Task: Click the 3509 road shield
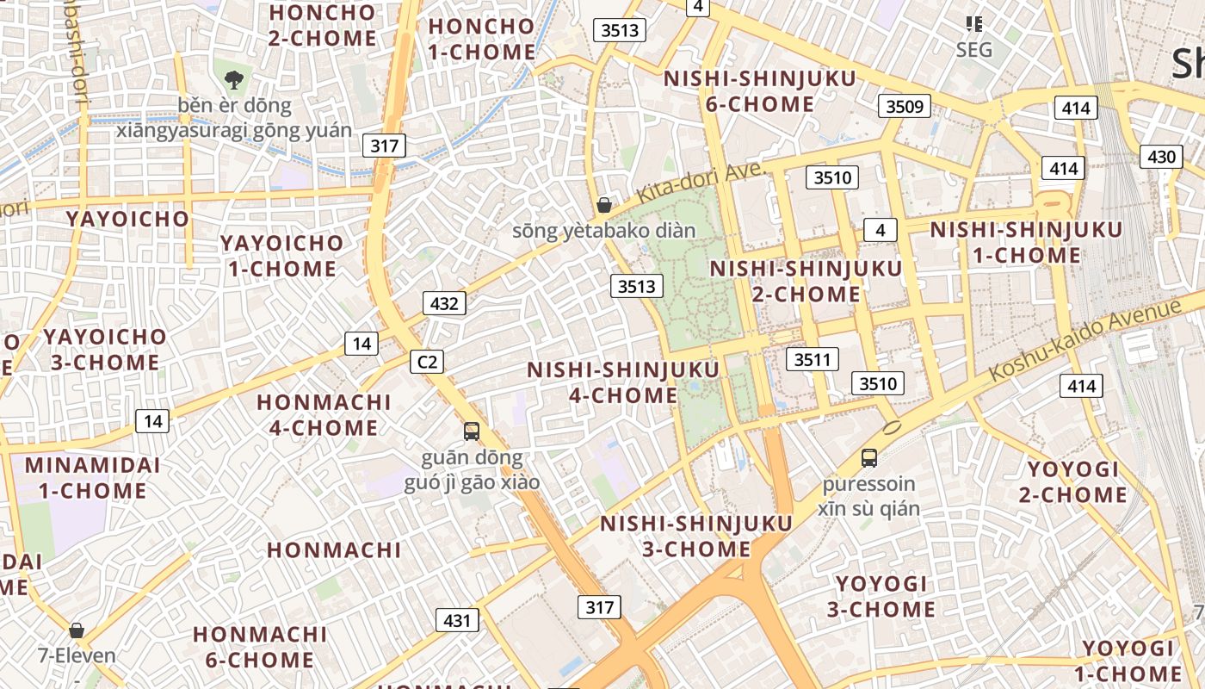[905, 107]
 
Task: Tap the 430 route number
[1161, 157]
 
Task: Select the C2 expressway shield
[427, 362]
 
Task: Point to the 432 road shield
[444, 303]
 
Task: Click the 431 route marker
[457, 620]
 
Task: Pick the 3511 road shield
[813, 359]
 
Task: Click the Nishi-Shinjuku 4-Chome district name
[623, 382]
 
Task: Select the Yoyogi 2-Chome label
[1072, 482]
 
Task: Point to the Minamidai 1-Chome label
[92, 478]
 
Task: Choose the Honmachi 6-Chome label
[259, 647]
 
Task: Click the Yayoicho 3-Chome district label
[105, 349]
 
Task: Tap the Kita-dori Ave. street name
[701, 183]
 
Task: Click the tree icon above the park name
[232, 81]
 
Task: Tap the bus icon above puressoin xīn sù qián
[869, 458]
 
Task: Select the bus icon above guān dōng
[471, 431]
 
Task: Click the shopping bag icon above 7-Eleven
[77, 630]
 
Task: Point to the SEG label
[974, 50]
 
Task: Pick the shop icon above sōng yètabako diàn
[604, 205]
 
